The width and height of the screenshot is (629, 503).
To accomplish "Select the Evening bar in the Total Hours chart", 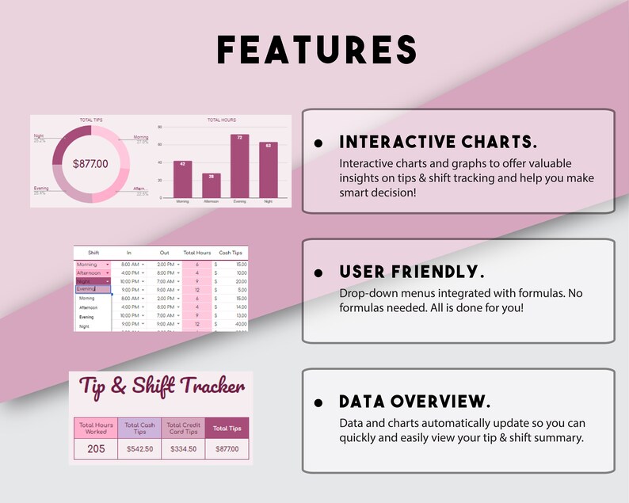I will coord(239,166).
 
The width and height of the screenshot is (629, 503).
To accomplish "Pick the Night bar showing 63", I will coord(269,170).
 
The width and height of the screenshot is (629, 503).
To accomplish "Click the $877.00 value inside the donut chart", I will coord(90,164).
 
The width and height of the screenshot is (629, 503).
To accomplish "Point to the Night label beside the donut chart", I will coord(39,136).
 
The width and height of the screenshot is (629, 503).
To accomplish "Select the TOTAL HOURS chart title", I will coord(221,120).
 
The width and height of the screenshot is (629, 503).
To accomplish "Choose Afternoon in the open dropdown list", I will coord(89,307).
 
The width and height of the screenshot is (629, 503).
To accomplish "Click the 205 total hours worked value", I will coord(95,448).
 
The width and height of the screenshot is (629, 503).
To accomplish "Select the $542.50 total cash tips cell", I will coord(139,449).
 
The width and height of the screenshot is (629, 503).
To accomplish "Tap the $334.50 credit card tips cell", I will coord(183,449).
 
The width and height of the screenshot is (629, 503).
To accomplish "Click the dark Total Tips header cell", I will coord(227,429).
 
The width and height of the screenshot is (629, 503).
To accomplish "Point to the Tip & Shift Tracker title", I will coord(162,389).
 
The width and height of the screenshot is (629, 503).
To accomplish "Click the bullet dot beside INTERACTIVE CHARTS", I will coord(318,143).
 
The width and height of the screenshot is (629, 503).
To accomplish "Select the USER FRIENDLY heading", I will coord(411,272).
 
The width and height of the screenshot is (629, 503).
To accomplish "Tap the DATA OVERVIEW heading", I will coord(414,401).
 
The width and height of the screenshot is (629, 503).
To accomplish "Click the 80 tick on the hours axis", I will coord(159,127).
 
